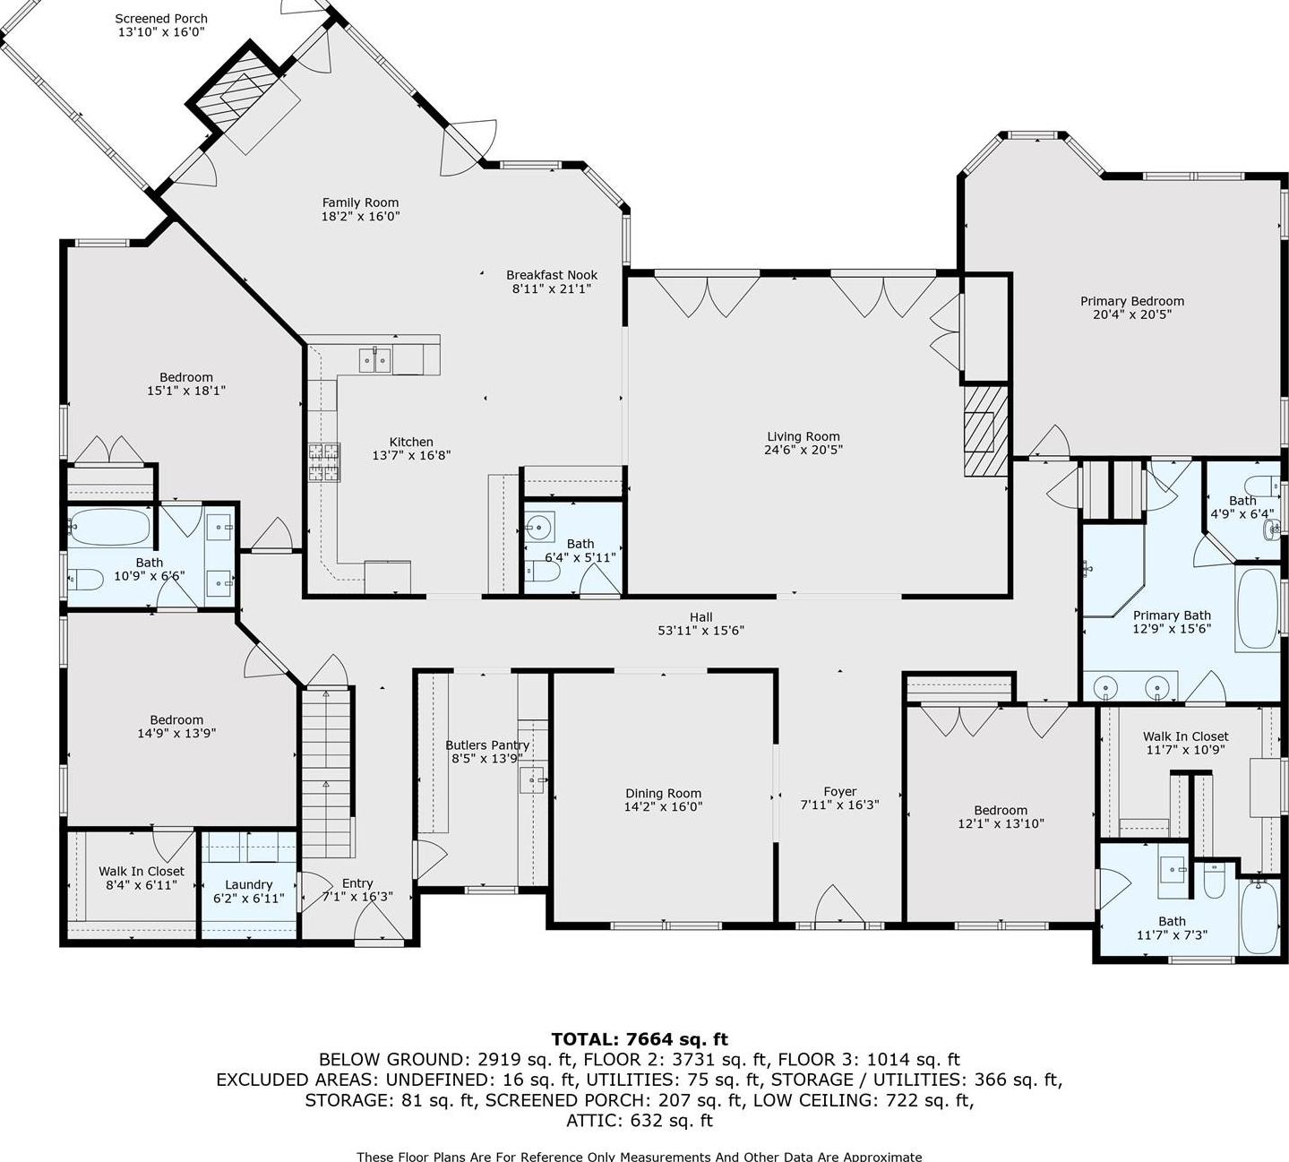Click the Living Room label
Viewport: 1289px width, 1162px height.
tap(803, 436)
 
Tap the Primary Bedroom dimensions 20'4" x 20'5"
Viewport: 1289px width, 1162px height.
tap(1132, 314)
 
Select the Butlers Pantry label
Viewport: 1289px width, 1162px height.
tap(487, 745)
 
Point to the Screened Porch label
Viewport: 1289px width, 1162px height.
tap(161, 18)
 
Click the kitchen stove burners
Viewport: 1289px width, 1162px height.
tap(325, 463)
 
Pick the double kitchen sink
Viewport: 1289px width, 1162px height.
tap(374, 360)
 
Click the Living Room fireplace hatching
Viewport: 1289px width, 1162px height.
tap(985, 430)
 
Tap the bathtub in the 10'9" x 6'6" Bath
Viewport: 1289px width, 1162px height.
tap(110, 528)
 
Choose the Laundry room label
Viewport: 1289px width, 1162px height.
tap(248, 884)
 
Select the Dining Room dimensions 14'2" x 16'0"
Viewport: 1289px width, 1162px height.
tap(663, 806)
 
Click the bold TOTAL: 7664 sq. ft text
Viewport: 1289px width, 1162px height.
tap(640, 1039)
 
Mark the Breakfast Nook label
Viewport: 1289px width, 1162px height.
tap(551, 275)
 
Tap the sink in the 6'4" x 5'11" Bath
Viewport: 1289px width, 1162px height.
tap(540, 525)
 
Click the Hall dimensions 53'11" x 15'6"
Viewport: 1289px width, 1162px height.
tap(700, 630)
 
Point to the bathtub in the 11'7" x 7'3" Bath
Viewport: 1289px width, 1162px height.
tap(1261, 916)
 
